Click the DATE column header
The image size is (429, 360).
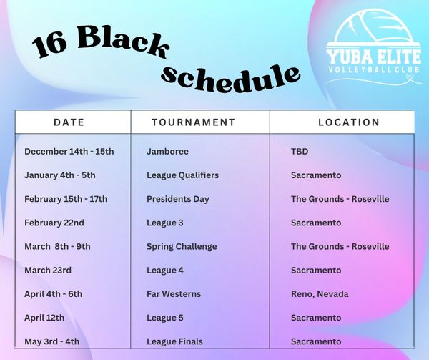point(69,122)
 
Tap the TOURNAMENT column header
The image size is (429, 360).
point(194,122)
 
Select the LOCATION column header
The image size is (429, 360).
point(349,122)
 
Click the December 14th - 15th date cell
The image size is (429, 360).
point(69,152)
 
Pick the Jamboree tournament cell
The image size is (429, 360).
point(167,152)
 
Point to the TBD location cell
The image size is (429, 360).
point(300,152)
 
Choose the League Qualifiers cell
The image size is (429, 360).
point(183,175)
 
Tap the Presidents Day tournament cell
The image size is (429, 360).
point(178,199)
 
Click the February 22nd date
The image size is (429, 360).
point(54,223)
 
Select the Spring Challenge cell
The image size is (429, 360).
point(182,247)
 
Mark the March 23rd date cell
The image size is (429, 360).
point(48,271)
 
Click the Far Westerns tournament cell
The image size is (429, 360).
point(174,294)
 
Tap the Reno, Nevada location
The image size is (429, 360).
point(320,294)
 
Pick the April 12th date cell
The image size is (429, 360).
point(44,318)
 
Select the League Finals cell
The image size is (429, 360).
point(175,341)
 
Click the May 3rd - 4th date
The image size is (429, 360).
point(51,341)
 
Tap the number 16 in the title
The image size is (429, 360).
point(50,47)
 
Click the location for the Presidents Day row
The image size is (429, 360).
point(340,199)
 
